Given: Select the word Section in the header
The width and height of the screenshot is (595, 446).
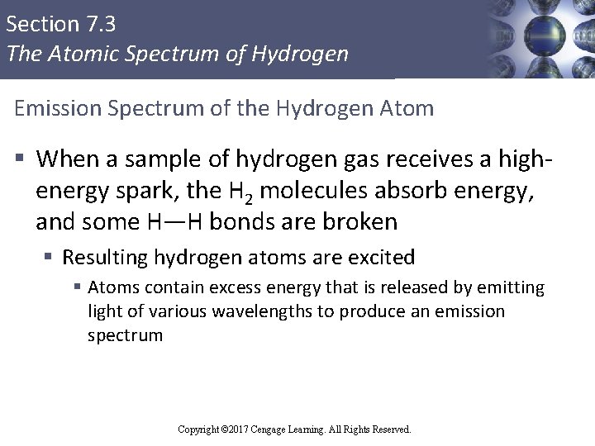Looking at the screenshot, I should pos(38,23).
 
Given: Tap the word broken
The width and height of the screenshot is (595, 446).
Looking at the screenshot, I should pos(360,222).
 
